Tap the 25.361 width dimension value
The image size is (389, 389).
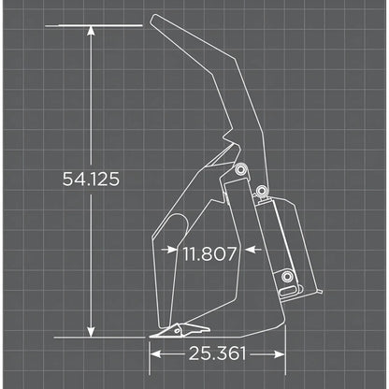pyautogui.click(x=217, y=353)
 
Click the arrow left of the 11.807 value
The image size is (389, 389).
pyautogui.click(x=169, y=250)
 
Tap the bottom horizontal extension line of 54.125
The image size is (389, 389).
pyautogui.click(x=103, y=337)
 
